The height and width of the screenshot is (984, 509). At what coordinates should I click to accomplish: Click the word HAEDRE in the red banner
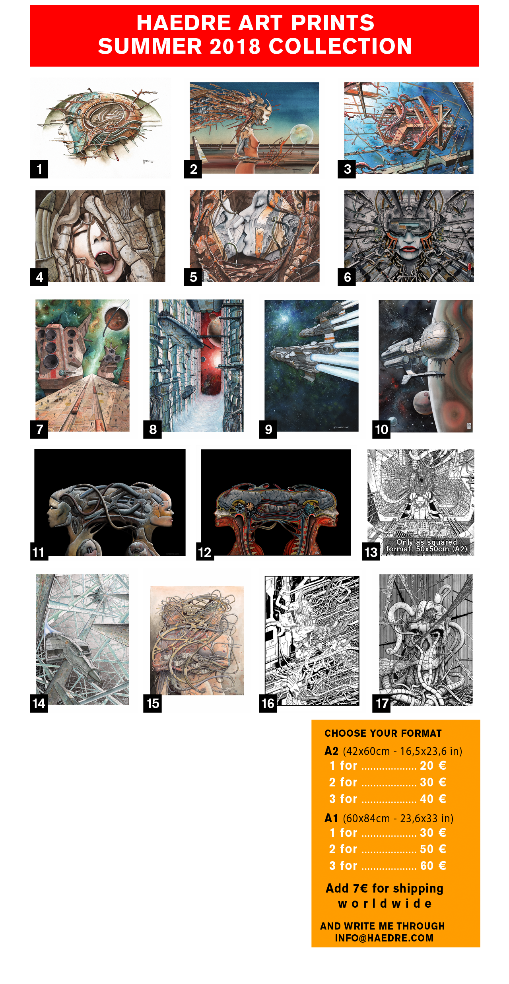pyautogui.click(x=183, y=23)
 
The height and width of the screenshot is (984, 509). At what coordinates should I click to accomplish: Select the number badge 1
pyautogui.click(x=39, y=169)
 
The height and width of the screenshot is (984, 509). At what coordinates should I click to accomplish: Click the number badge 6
pyautogui.click(x=347, y=277)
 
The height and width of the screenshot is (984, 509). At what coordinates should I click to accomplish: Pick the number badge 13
pyautogui.click(x=371, y=552)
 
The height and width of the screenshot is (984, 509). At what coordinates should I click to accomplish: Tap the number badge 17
pyautogui.click(x=381, y=703)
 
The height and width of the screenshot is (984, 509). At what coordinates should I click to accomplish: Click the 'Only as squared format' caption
pyautogui.click(x=426, y=545)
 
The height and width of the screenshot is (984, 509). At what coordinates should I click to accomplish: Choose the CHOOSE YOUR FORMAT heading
pyautogui.click(x=383, y=733)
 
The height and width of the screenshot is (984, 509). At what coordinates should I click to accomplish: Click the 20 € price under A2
pyautogui.click(x=433, y=765)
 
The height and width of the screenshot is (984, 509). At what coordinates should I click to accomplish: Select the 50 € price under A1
pyautogui.click(x=433, y=849)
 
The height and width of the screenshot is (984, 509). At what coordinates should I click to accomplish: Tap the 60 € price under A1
pyautogui.click(x=433, y=866)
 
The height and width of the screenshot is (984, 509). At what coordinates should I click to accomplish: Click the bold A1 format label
pyautogui.click(x=331, y=818)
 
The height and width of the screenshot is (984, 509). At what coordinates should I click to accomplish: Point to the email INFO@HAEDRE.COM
pyautogui.click(x=384, y=938)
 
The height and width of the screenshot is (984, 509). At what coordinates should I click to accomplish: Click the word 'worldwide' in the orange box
pyautogui.click(x=385, y=904)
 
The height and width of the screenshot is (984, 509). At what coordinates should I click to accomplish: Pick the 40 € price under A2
pyautogui.click(x=433, y=799)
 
